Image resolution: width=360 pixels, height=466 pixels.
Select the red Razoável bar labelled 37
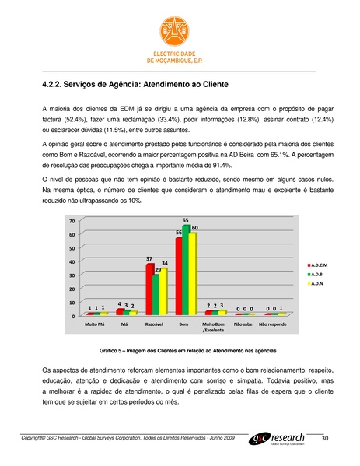coord(149,289)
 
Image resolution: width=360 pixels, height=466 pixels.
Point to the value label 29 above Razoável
coord(157,269)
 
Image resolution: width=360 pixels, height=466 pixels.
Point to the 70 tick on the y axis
coord(71,222)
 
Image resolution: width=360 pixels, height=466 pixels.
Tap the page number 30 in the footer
coord(326,440)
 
